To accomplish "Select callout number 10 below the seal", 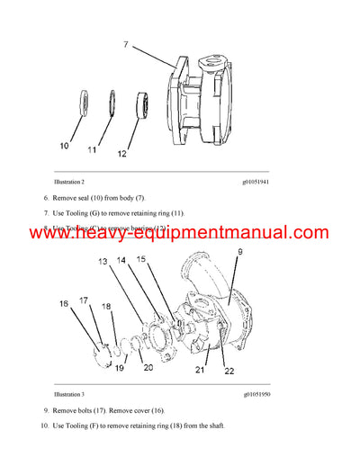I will tap(63, 145).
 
